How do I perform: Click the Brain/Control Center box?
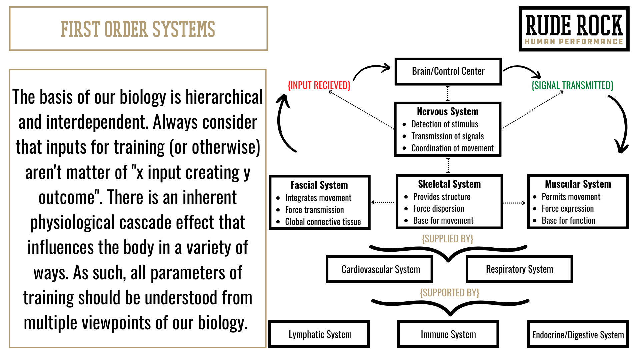coord(448,71)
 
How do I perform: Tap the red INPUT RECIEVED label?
coord(319,86)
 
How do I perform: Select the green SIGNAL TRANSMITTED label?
coord(572,86)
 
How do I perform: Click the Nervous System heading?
coord(447,111)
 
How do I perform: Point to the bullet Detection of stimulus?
coord(444,124)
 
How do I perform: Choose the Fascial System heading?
coord(319,185)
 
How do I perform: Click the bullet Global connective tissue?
coord(323,222)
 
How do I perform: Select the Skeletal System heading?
coord(449,184)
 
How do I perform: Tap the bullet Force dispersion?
coord(438,209)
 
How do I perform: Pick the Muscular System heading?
coord(578,184)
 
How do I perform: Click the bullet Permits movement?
coord(571,197)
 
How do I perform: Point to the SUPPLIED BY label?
coord(447,239)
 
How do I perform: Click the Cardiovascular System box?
coord(380,269)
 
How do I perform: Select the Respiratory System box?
coord(519,269)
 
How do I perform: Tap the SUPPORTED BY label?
coord(449,293)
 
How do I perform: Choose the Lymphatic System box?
coord(320,334)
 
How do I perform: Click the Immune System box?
coord(448,334)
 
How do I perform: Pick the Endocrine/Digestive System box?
coord(578,335)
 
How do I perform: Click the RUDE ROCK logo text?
coord(574,26)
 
